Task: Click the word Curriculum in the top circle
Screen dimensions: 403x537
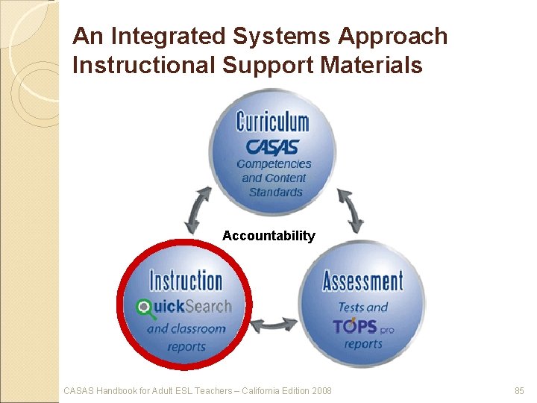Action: pos(272,120)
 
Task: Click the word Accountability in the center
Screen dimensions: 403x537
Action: pos(268,236)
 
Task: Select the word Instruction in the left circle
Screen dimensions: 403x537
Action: pos(186,281)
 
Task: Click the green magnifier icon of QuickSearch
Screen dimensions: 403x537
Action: pos(143,306)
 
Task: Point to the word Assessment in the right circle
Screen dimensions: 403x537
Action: pos(362,281)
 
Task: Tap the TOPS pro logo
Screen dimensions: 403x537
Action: pos(363,326)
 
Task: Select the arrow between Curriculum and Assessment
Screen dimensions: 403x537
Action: pos(351,210)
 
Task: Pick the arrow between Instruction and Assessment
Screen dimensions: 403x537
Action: pos(274,325)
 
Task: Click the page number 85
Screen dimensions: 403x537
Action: pos(520,390)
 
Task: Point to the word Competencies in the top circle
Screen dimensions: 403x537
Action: pos(274,163)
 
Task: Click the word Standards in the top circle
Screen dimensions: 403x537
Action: pos(275,192)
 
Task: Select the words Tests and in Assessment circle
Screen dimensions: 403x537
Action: pos(363,307)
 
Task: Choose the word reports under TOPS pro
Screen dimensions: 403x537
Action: pos(363,344)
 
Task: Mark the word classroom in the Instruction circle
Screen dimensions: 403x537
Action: pos(198,328)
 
